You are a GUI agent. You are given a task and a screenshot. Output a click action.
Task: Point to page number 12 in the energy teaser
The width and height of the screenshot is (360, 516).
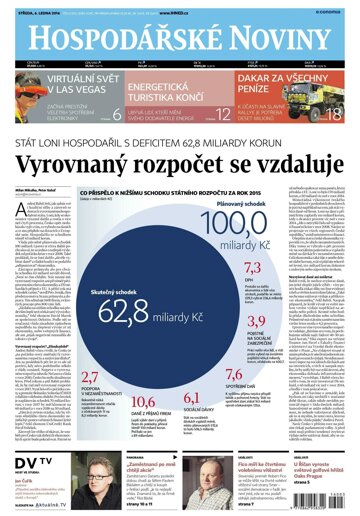(x=223, y=114)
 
